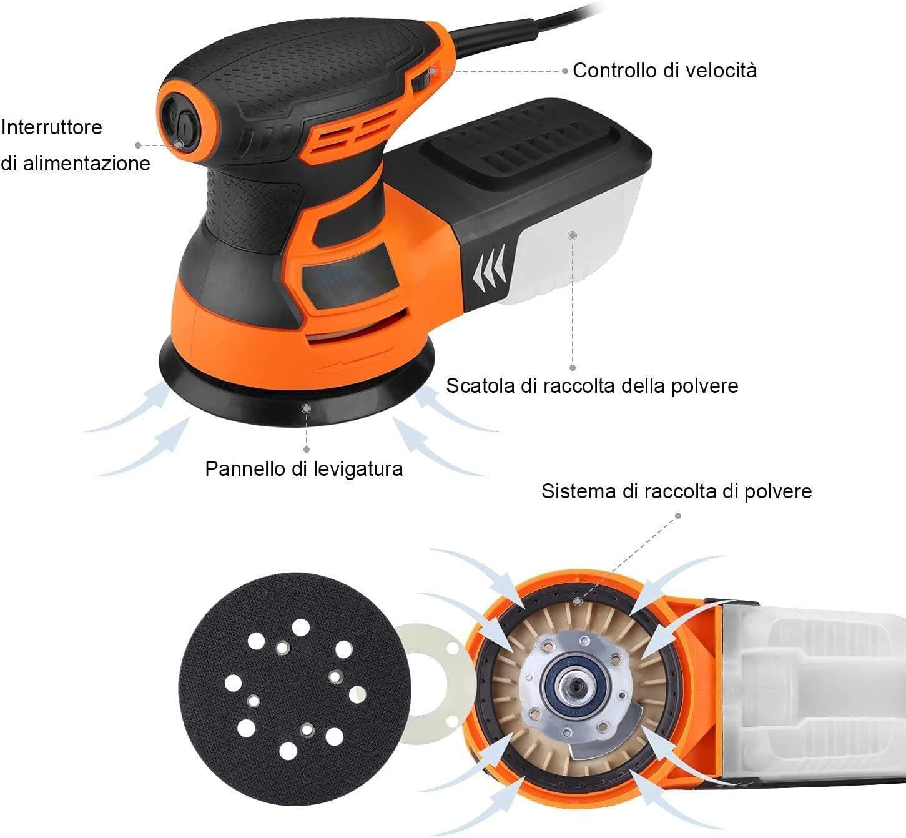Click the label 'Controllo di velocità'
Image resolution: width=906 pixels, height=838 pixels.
pos(664,70)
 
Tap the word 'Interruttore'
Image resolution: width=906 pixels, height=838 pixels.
pos(52,127)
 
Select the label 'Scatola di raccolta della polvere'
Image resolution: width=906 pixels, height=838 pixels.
pos(592,385)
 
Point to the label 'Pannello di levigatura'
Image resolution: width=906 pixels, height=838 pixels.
pos(304,468)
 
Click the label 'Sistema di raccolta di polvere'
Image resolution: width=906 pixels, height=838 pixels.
pos(676,491)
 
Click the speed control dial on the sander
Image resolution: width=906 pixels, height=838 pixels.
pos(420,79)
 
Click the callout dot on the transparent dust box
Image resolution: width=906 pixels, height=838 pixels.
pos(573,235)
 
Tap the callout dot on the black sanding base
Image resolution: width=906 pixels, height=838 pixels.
pos(306,408)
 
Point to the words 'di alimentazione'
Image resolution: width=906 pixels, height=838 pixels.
pos(76,164)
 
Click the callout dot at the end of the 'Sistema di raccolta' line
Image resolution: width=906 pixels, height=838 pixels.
pos(578,601)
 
